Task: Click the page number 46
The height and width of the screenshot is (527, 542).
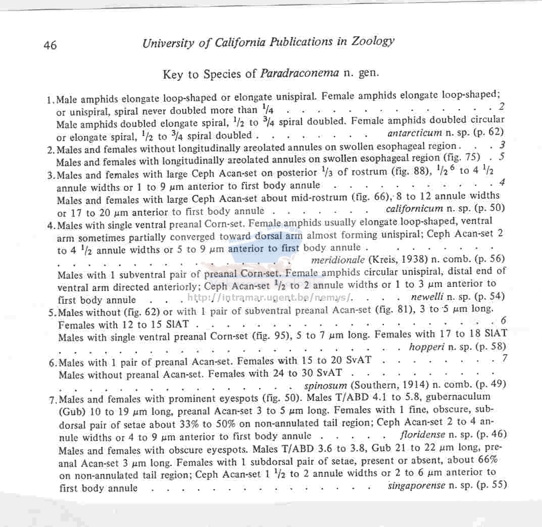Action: point(50,45)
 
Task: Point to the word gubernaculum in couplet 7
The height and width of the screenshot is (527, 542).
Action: point(455,397)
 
